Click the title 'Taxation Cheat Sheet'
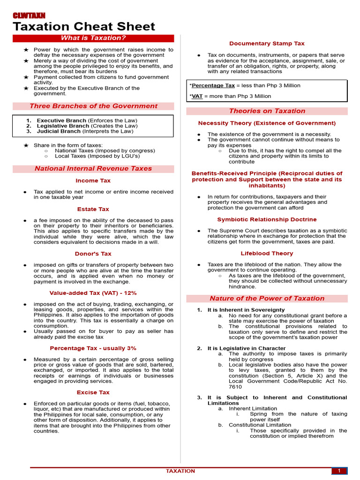coord(83,27)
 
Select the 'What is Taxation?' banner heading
coord(93,38)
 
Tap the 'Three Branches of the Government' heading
coord(93,106)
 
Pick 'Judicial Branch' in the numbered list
coord(59,132)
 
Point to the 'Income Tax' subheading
coord(93,180)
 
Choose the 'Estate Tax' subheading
coord(93,209)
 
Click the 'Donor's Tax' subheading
coord(93,254)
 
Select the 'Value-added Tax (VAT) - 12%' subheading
coord(93,293)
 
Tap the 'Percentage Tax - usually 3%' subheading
coord(93,348)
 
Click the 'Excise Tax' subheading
coord(93,392)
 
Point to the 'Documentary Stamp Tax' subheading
coord(267,44)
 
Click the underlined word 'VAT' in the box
coord(197,96)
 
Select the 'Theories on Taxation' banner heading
coord(267,111)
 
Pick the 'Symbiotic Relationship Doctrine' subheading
coord(267,219)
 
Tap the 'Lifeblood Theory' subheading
coord(267,253)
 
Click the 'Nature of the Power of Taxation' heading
coord(267,298)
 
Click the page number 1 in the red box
coord(338,471)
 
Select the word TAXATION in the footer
coord(180,471)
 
